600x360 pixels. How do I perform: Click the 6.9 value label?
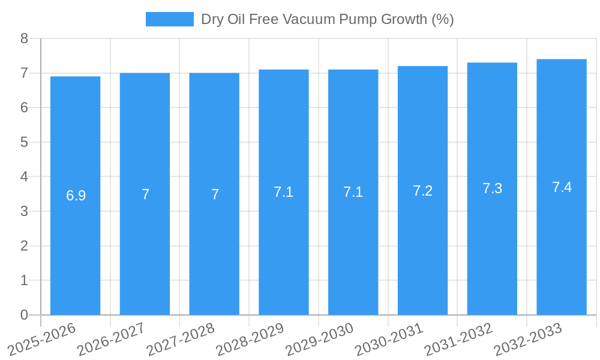click(76, 196)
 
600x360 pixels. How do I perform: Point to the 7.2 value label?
click(422, 191)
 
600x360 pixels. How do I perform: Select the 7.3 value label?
click(492, 188)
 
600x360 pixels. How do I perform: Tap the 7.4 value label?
click(562, 187)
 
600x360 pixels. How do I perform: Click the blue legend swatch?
click(169, 19)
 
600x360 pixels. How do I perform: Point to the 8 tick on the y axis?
click(24, 38)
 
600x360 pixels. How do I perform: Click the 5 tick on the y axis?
click(24, 142)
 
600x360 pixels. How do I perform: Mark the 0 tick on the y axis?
click(24, 315)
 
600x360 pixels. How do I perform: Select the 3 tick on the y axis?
click(24, 211)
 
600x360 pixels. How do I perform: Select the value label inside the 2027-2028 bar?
click(215, 194)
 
